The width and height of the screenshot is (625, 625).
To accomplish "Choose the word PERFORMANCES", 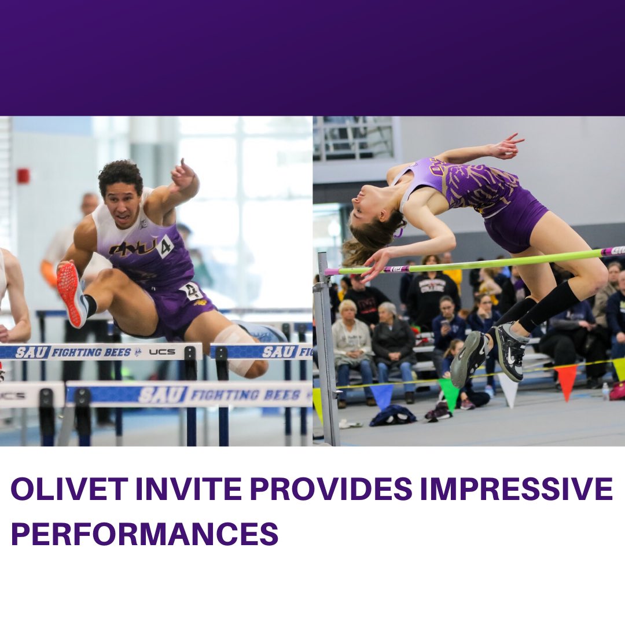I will tap(145, 534).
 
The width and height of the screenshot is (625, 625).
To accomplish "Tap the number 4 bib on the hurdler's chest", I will tap(164, 246).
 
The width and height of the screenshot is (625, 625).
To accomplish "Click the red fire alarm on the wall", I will tap(23, 176).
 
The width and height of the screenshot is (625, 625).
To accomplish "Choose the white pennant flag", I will tap(508, 389).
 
